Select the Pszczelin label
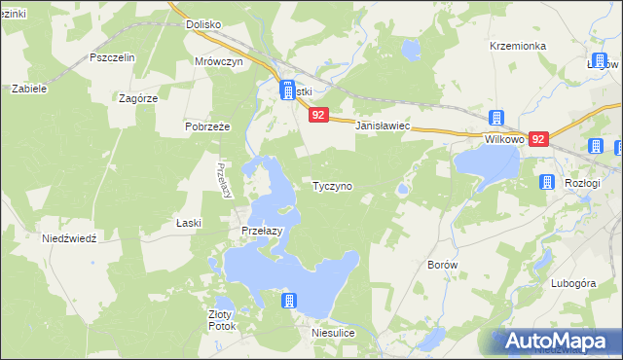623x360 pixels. (x=111, y=57)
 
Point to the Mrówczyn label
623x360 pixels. (x=218, y=60)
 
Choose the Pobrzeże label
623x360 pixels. (x=206, y=126)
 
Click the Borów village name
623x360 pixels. (x=443, y=264)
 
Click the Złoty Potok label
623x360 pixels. (x=222, y=320)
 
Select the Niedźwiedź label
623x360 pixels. (x=69, y=238)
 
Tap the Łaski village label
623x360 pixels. (x=189, y=223)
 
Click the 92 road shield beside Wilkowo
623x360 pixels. (x=539, y=140)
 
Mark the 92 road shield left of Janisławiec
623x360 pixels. (x=319, y=115)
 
